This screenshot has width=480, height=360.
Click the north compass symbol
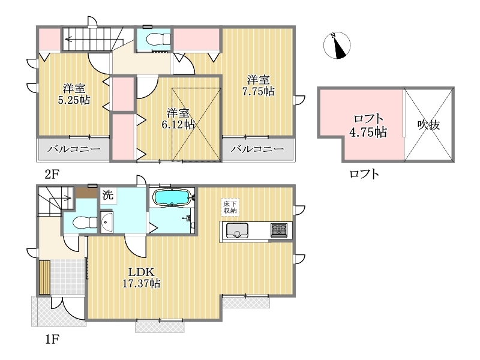click(x=337, y=46)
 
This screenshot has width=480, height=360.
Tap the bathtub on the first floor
click(x=172, y=197)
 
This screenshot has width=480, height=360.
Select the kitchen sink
click(x=237, y=230)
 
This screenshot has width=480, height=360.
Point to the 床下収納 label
click(x=230, y=207)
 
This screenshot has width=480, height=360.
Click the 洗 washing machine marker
click(x=108, y=195)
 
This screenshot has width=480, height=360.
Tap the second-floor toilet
click(x=158, y=40)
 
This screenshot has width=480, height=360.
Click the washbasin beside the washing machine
click(x=106, y=222)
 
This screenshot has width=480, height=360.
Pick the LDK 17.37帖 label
click(x=141, y=278)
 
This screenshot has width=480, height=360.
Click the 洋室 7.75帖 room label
click(x=259, y=86)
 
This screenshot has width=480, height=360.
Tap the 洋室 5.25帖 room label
click(x=74, y=94)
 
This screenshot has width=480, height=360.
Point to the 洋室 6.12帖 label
click(x=178, y=119)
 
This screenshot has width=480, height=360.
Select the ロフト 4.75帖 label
click(x=368, y=125)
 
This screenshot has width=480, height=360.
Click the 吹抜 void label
click(x=428, y=125)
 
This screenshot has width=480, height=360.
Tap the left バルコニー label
click(x=74, y=149)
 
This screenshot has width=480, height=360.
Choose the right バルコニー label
click(x=257, y=149)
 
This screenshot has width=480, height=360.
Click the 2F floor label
click(x=52, y=174)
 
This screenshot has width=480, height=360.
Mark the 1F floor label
click(x=52, y=339)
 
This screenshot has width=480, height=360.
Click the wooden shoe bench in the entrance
click(x=44, y=277)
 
